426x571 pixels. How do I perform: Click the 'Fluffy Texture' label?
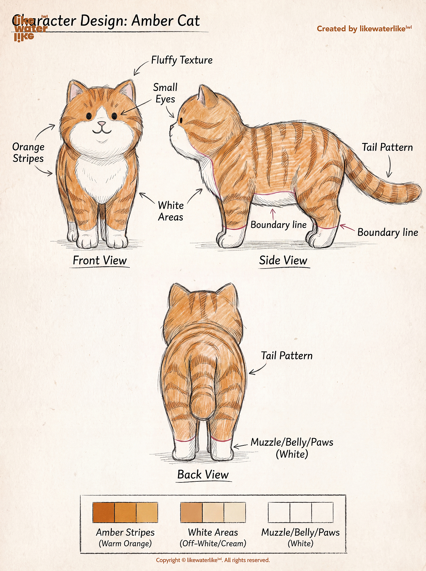click(182, 60)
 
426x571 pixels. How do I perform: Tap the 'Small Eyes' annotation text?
click(165, 93)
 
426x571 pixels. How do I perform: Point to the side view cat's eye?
click(181, 120)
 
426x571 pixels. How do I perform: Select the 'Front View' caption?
click(100, 260)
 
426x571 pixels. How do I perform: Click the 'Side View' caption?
click(283, 260)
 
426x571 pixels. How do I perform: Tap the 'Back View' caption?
click(203, 474)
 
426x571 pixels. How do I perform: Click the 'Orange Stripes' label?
click(28, 153)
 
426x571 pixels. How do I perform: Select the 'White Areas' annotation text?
click(171, 211)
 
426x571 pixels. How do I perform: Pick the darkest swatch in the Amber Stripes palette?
click(104, 512)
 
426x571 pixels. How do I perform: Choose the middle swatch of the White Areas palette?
click(213, 512)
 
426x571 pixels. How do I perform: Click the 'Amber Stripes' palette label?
click(125, 532)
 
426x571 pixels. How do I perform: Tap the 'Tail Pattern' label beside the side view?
click(387, 147)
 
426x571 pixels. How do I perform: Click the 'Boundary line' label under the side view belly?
click(279, 225)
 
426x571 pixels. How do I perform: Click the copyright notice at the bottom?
click(213, 560)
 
